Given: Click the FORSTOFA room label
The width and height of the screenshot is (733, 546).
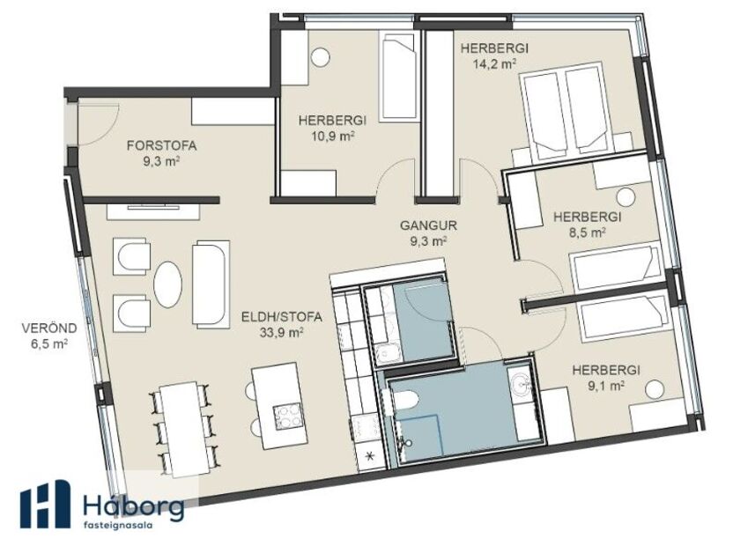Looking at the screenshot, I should [x=161, y=146].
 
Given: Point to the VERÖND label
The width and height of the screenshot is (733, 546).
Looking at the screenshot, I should [x=49, y=328].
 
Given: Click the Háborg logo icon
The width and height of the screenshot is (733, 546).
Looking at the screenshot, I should [x=45, y=505].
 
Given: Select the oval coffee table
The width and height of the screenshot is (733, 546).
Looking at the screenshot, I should [x=168, y=284].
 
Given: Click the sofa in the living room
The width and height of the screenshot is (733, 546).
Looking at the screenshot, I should [x=211, y=284].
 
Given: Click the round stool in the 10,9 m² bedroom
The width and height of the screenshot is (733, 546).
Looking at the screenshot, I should [x=321, y=58].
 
